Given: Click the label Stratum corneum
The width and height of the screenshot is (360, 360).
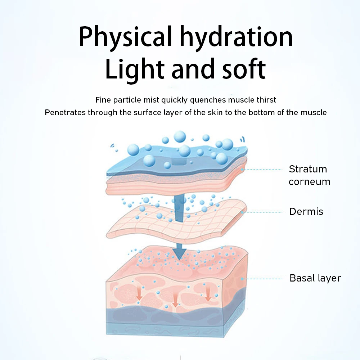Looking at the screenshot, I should (x=309, y=175).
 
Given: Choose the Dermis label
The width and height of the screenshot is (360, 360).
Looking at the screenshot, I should (x=306, y=211).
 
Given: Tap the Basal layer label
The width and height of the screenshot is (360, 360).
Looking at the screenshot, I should (x=315, y=278).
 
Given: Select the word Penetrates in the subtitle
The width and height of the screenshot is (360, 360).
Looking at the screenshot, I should (x=65, y=112).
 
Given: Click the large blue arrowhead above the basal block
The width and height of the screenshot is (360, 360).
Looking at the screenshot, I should (x=179, y=253).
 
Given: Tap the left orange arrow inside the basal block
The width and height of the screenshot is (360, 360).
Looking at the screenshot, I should (x=139, y=294).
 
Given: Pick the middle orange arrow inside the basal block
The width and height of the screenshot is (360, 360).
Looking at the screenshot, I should (x=175, y=301).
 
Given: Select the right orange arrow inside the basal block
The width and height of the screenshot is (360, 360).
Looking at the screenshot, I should (x=208, y=294).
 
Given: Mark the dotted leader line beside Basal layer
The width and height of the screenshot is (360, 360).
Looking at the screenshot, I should (x=265, y=278).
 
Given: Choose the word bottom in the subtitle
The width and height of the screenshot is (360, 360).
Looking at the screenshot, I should (x=268, y=112).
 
